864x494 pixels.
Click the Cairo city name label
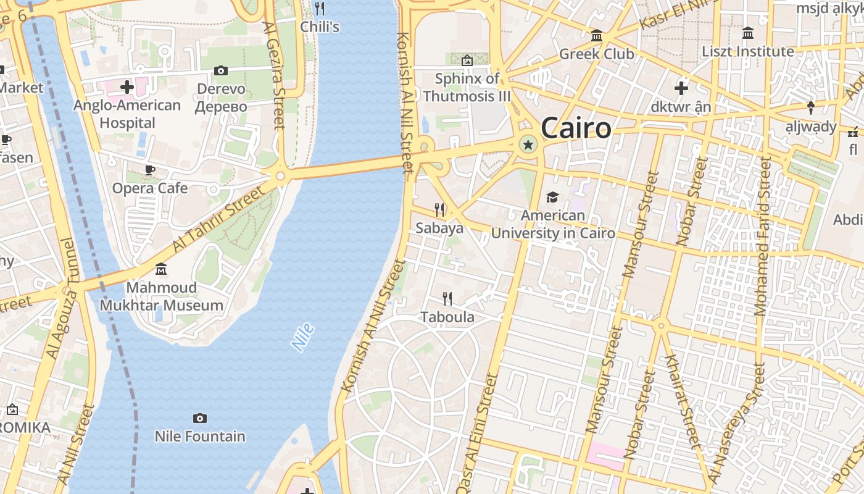pos(576,128)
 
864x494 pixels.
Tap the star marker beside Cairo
pos(528,144)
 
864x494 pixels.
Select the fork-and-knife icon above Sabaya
pos(439,210)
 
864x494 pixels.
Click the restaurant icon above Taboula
pos(447,299)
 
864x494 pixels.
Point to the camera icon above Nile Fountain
pos(199,419)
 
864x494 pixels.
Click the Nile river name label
pos(303,338)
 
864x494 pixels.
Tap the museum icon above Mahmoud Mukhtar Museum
pos(161,269)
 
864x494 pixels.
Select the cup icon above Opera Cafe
pos(149,170)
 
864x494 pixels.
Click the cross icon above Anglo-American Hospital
pos(127,87)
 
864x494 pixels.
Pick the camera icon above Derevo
pos(221,71)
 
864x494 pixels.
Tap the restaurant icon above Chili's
pos(320,9)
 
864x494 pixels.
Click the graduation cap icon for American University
pos(552,198)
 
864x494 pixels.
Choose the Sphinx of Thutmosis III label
pos(467,87)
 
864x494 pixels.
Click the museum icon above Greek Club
pos(596,36)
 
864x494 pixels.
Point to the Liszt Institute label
pos(748,51)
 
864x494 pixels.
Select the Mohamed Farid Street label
pos(763,236)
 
